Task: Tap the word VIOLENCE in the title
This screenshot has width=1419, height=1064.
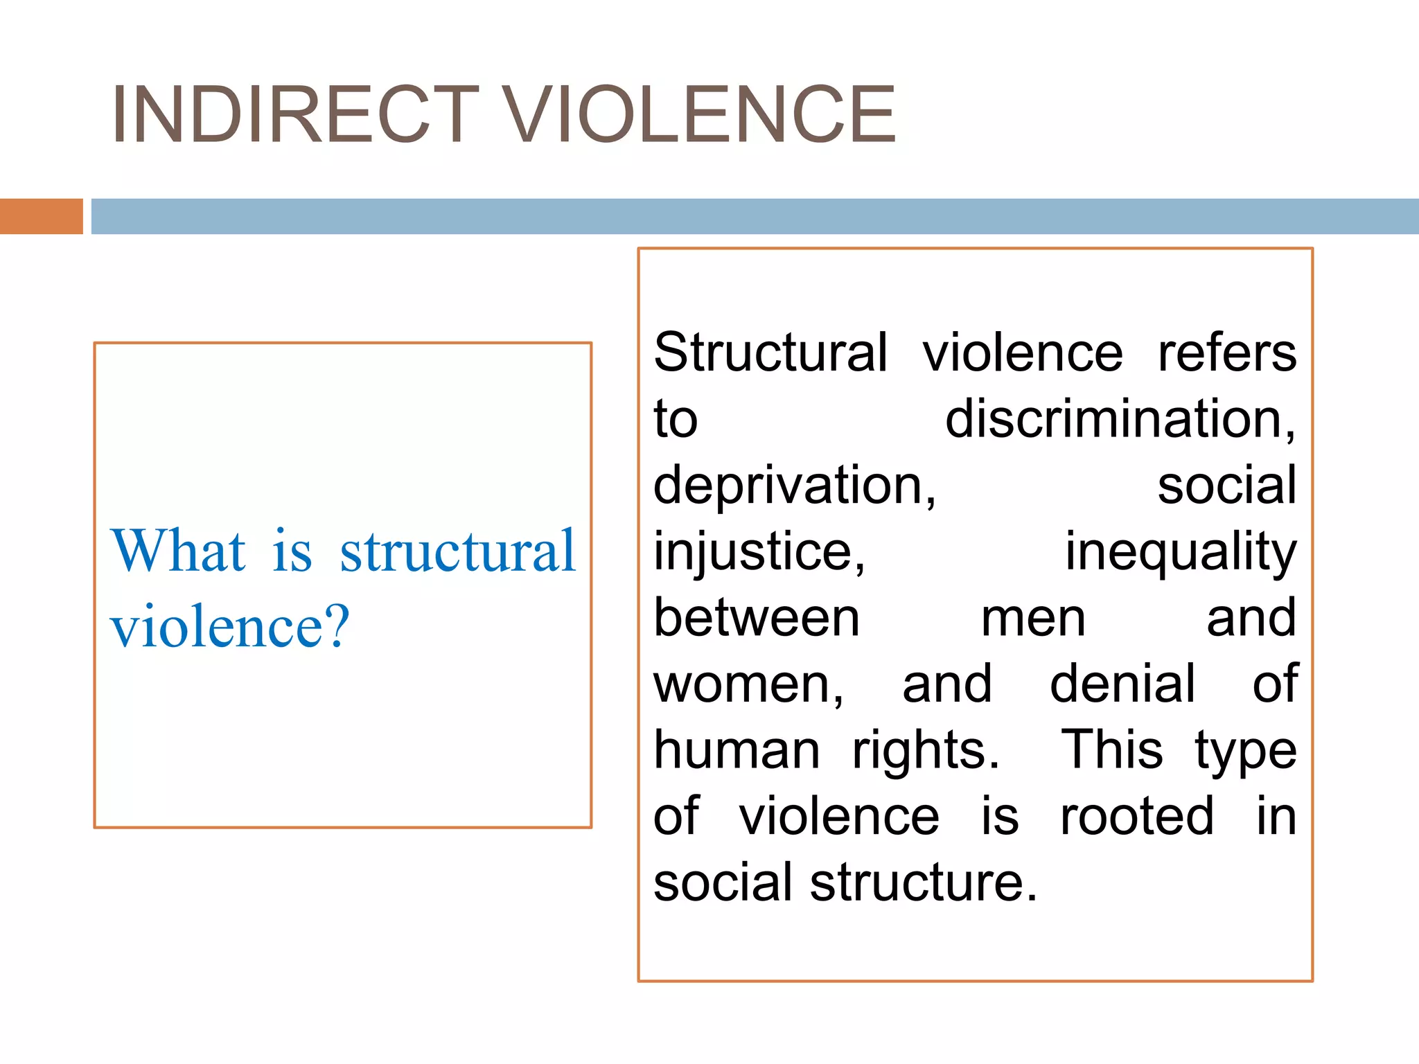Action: coord(700,114)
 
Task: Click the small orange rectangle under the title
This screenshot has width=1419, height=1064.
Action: coord(41,216)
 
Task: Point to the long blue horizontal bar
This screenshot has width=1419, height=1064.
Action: coord(755,216)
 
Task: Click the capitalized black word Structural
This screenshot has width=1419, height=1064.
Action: coord(770,353)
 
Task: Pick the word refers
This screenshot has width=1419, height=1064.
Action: coord(1226,353)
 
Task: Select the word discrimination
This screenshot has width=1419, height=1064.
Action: coord(1120,419)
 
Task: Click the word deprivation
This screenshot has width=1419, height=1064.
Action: coord(794,486)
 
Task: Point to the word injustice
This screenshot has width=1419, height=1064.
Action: coord(759,552)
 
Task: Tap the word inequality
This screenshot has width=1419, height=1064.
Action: coord(1180,552)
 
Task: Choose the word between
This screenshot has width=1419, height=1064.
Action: coord(757,618)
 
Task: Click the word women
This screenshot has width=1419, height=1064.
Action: coord(748,684)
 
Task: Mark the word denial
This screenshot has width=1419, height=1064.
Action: coord(1122,684)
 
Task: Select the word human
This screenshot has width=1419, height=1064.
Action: coord(737,750)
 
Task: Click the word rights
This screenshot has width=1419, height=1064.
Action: coord(926,750)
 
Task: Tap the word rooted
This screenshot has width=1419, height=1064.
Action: coord(1137,817)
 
